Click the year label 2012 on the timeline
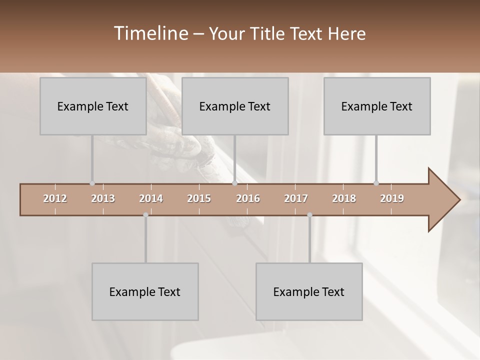pos(55,198)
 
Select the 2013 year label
pos(103,198)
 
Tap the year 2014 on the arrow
pos(151,198)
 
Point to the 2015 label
pos(199,198)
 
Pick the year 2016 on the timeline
pos(248,198)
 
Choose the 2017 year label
pos(296,198)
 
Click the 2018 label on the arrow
pos(344,198)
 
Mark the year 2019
pos(392,198)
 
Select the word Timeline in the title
pos(150,33)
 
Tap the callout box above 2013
pos(92,106)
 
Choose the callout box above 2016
pos(234,106)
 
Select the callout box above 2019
pos(376,106)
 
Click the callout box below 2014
pos(144,291)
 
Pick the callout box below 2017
pos(308,291)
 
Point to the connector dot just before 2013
pos(92,183)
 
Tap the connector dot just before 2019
pos(376,183)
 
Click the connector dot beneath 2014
pos(145,215)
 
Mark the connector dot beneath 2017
pos(309,215)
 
